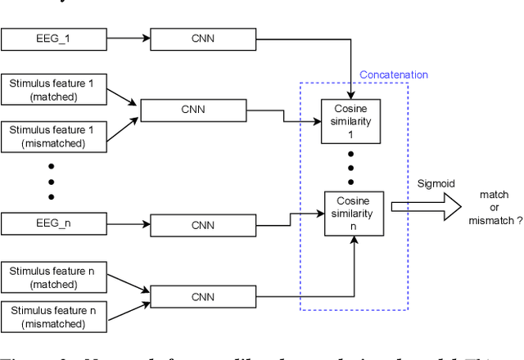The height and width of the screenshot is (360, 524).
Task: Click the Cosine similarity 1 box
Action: (x=353, y=121)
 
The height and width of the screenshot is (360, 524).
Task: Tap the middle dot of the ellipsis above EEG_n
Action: (x=50, y=182)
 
